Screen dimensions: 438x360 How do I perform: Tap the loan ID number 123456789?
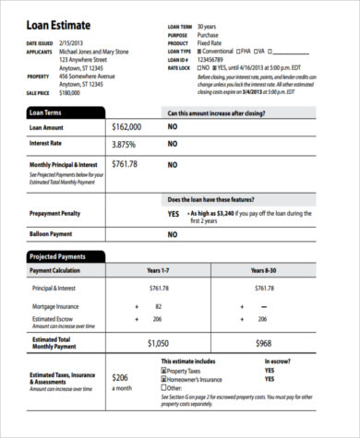coord(206,59)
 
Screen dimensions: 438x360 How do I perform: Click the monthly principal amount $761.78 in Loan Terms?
coord(125,164)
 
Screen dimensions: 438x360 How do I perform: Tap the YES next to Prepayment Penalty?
coord(173,213)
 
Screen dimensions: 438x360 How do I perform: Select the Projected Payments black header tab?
coord(65,256)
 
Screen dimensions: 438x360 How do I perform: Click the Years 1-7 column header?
coord(160,271)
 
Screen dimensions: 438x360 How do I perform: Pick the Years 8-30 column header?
coord(265,271)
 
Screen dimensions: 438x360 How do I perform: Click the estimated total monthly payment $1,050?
coord(160,342)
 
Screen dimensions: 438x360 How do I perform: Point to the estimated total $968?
coord(265,342)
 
